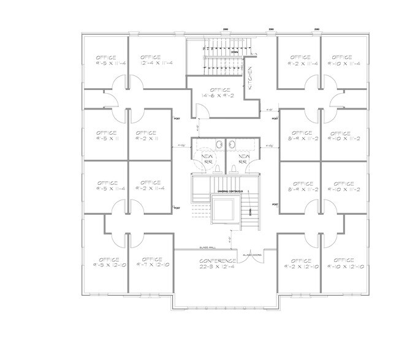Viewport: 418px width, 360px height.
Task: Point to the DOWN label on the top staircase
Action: coord(235,52)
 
